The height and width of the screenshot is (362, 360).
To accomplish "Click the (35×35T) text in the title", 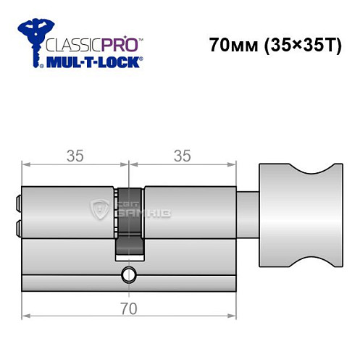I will coord(299,46).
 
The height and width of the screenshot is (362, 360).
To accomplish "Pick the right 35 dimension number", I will coord(183,156).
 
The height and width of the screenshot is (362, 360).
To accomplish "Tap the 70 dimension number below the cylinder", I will coord(129,309).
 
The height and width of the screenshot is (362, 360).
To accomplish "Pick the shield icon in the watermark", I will coord(99,210).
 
